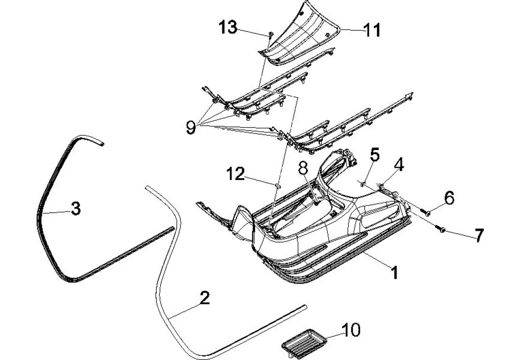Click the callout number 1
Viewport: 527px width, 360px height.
click(x=395, y=271)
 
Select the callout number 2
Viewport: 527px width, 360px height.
click(x=204, y=299)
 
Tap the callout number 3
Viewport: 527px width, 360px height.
click(x=75, y=208)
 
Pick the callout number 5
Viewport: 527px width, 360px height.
click(x=375, y=154)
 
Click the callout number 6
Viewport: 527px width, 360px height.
click(x=449, y=198)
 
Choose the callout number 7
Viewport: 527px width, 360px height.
click(x=478, y=235)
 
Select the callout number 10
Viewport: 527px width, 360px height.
click(x=351, y=330)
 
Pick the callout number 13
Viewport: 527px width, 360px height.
click(x=228, y=28)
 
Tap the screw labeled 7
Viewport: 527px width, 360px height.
click(x=442, y=229)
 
